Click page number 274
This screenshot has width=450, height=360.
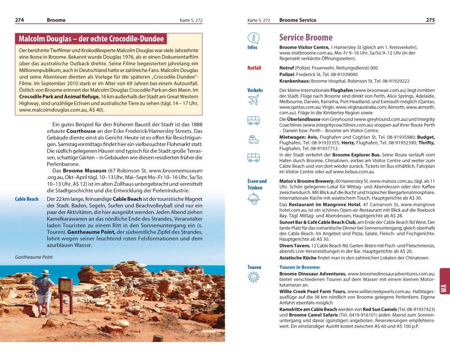point(19,20)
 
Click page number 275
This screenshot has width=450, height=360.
point(430,20)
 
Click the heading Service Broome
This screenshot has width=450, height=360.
point(306,37)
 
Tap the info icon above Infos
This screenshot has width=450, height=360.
point(253,38)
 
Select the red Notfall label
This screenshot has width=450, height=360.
point(254,68)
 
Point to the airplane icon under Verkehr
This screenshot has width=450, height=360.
point(253,100)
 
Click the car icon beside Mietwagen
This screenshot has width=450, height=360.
point(253,139)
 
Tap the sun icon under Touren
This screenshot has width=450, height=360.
point(253,278)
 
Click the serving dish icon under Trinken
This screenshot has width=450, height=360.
point(253,198)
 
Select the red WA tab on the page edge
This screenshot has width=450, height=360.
point(444,288)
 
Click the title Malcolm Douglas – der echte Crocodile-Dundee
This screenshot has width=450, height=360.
point(91,39)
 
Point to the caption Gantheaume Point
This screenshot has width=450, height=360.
point(34,257)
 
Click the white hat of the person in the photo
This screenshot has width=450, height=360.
point(45,273)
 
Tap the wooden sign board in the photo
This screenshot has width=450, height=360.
point(65,286)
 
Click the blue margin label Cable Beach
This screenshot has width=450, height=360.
point(27,199)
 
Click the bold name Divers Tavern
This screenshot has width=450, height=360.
point(294,246)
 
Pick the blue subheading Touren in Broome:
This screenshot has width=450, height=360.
point(300,267)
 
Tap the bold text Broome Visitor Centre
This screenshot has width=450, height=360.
point(304,47)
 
